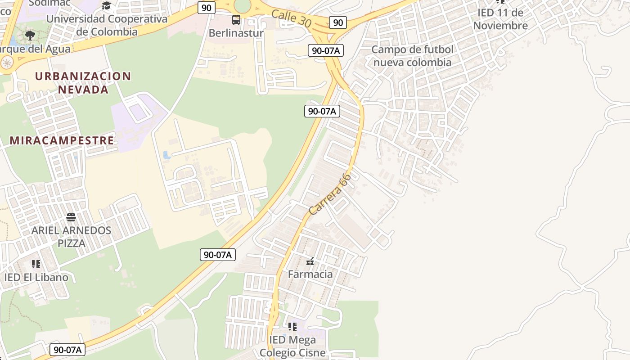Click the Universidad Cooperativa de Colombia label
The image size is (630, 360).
107,25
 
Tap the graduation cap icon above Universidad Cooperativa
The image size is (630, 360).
106,5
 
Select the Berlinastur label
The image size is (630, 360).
236,33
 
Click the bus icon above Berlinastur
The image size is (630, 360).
236,20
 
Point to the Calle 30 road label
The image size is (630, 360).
291,18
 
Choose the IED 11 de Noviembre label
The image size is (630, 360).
500,19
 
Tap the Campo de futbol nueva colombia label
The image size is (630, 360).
412,56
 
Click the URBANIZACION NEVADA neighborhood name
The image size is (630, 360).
83,82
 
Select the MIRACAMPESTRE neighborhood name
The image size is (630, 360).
62,140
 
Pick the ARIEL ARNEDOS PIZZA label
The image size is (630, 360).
71,237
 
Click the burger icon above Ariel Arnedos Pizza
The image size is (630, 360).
71,218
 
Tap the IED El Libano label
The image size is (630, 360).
36,277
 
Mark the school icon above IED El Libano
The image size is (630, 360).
36,264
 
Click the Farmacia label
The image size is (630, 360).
310,274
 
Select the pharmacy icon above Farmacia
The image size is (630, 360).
310,261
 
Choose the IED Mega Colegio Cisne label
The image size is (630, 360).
292,346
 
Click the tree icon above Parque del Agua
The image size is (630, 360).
30,35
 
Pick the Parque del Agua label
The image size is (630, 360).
35,49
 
